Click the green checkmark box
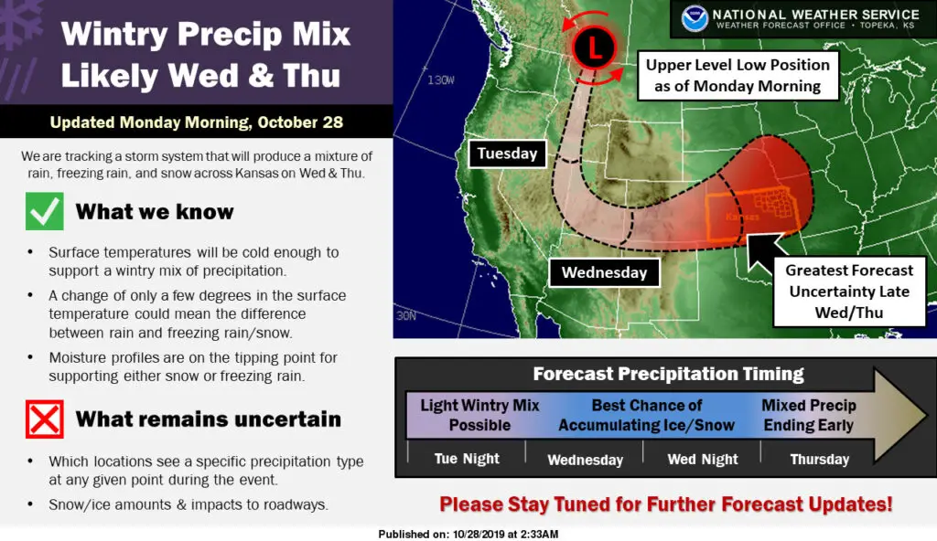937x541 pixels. click(x=44, y=211)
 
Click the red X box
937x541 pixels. click(x=44, y=419)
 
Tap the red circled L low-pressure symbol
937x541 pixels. click(x=594, y=48)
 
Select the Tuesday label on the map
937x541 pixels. click(x=507, y=154)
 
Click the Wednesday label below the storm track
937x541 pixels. click(x=604, y=272)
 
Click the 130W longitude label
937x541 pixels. click(x=440, y=80)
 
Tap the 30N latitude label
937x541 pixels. click(x=405, y=315)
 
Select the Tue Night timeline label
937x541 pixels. click(x=467, y=459)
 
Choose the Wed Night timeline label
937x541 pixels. click(x=703, y=459)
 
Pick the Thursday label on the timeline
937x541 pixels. click(x=819, y=459)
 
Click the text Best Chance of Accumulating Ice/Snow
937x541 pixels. click(x=647, y=415)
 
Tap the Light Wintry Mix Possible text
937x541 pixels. click(x=479, y=415)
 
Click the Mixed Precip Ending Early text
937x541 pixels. click(x=809, y=415)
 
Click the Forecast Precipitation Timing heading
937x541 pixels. click(x=668, y=374)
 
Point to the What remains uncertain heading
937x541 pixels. click(x=208, y=419)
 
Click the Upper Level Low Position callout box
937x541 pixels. click(x=738, y=75)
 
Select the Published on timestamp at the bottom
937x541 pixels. click(x=468, y=534)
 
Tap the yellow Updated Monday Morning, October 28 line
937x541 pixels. click(x=197, y=122)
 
